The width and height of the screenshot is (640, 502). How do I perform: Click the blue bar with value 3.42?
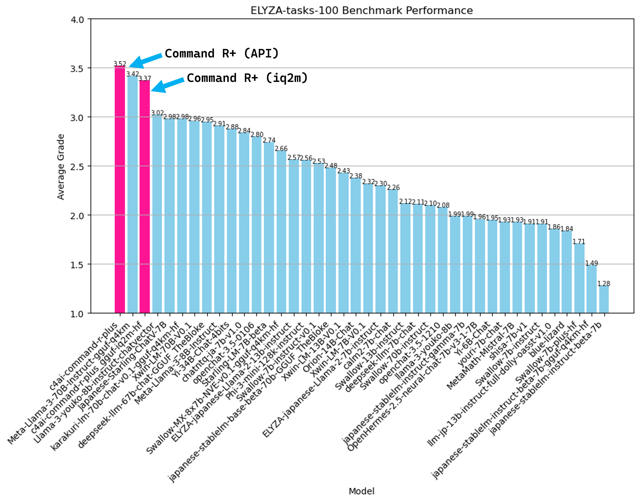point(132,194)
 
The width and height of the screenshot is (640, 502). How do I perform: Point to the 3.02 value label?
point(157,113)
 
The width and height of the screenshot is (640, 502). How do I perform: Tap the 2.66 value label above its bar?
point(281,149)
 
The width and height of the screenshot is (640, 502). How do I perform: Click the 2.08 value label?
point(443,205)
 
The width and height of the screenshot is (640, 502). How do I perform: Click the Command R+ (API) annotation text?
point(222,53)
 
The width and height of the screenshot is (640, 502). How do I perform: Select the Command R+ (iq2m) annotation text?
point(247,78)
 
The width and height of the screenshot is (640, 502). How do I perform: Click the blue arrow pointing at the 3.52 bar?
point(145,61)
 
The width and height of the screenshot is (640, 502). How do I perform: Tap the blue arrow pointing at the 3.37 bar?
point(167,85)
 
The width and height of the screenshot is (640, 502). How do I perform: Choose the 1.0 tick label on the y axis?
point(77,314)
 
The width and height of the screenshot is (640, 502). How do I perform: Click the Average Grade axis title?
point(61,167)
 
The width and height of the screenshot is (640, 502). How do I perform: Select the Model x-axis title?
point(361,491)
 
